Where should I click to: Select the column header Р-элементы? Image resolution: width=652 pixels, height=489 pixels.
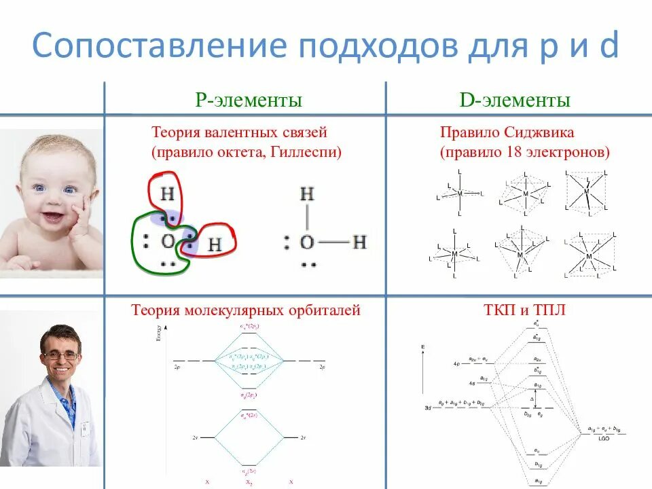(248, 101)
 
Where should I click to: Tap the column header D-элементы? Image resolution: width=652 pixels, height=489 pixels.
(515, 101)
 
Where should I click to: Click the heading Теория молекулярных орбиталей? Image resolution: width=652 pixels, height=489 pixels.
(245, 311)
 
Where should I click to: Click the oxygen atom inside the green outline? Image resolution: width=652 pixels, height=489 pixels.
(168, 242)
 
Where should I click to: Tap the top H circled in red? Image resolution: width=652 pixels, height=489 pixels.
(168, 195)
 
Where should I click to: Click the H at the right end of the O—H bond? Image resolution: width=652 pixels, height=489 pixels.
(359, 242)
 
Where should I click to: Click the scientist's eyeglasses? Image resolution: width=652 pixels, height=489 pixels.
(60, 355)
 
